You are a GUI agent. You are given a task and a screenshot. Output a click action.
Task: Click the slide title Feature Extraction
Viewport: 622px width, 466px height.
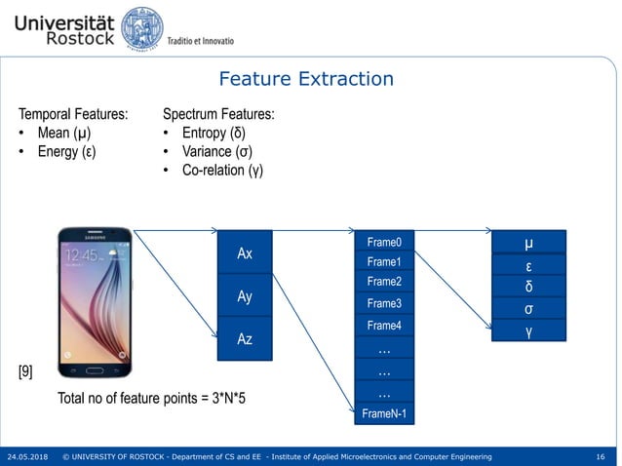[x=306, y=79]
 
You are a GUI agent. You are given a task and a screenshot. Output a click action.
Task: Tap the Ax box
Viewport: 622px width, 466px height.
[x=245, y=252]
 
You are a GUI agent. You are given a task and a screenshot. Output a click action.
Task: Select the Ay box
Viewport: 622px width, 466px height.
[x=245, y=295]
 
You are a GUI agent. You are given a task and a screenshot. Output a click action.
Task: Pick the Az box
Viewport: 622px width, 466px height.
[x=245, y=338]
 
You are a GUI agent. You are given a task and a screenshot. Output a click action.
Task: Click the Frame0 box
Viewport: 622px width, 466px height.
[x=384, y=242]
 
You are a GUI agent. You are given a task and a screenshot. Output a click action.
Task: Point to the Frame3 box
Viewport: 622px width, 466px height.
[x=384, y=303]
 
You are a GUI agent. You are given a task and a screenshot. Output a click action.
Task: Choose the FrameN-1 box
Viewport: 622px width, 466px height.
[x=384, y=414]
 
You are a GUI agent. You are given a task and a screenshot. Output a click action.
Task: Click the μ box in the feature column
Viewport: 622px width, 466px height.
[x=527, y=242]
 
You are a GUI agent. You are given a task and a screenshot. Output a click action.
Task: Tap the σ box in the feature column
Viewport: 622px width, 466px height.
[x=527, y=309]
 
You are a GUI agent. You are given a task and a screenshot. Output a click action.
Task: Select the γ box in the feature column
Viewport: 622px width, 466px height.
[x=527, y=331]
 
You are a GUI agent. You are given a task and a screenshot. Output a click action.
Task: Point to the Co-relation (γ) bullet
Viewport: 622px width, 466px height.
[x=218, y=170]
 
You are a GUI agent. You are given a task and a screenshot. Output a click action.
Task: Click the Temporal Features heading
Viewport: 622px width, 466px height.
[x=73, y=114]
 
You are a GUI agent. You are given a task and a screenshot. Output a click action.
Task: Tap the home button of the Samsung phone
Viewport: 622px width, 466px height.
[x=95, y=370]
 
